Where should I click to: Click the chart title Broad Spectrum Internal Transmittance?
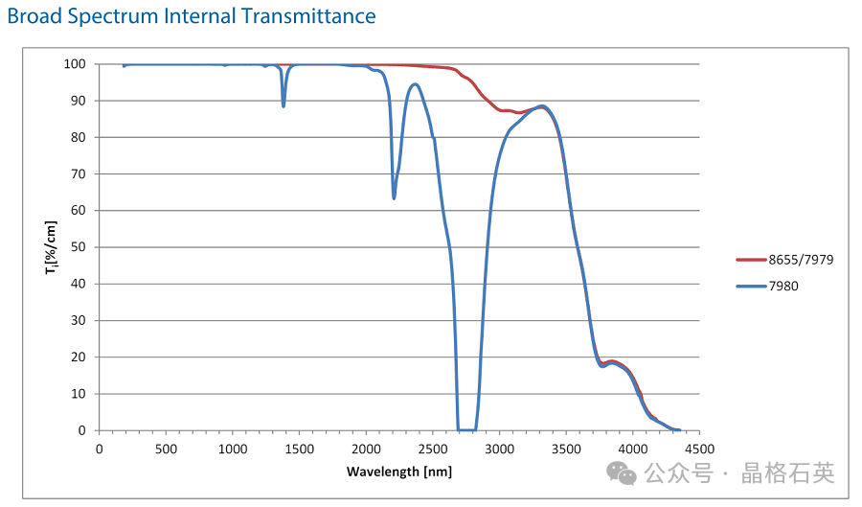tap(192, 16)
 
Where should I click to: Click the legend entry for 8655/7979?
tap(794, 260)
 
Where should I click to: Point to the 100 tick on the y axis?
tap(76, 64)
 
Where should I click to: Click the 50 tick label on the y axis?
tap(79, 247)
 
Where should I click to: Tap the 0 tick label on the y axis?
tap(82, 430)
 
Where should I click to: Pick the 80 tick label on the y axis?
tap(79, 137)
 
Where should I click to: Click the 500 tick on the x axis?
tap(166, 449)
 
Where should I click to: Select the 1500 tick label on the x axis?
tap(299, 449)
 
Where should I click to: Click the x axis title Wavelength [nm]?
tap(398, 472)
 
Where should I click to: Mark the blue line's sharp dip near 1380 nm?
tap(284, 105)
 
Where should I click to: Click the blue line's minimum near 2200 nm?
tap(394, 197)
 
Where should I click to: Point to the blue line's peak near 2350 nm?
tap(414, 84)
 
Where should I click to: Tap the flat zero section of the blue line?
tap(467, 429)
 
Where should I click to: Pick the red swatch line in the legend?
tap(750, 260)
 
